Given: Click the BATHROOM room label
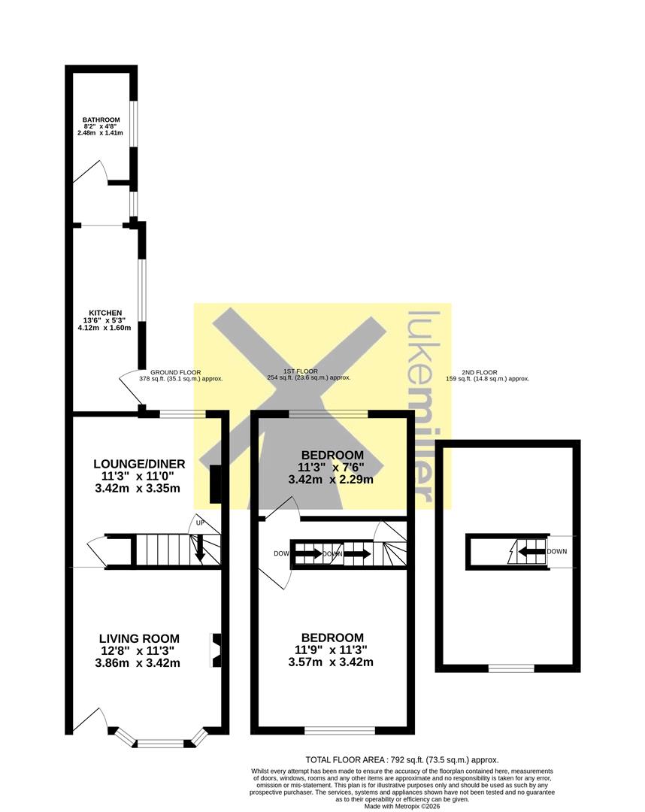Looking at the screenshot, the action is click(x=101, y=120).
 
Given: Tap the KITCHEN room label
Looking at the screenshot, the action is click(x=105, y=313).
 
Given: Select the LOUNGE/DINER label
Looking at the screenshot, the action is click(x=139, y=463).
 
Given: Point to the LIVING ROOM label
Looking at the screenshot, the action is click(x=139, y=638).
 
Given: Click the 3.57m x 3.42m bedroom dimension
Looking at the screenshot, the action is click(x=331, y=662).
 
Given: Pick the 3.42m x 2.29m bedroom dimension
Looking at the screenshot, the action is click(x=331, y=480).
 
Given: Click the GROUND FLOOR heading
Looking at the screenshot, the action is click(x=175, y=372).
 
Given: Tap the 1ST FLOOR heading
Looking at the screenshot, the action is click(x=301, y=371).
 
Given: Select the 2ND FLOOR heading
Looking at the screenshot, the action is click(x=480, y=372).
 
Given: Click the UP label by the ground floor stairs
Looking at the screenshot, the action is click(x=200, y=523).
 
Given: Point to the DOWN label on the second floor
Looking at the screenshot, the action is click(x=557, y=552).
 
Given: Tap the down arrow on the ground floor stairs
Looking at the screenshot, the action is click(x=200, y=549).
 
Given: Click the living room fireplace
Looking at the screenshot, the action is click(x=215, y=650).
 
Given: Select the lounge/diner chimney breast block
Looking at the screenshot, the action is click(x=215, y=484).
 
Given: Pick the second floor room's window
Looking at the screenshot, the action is click(x=511, y=668).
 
